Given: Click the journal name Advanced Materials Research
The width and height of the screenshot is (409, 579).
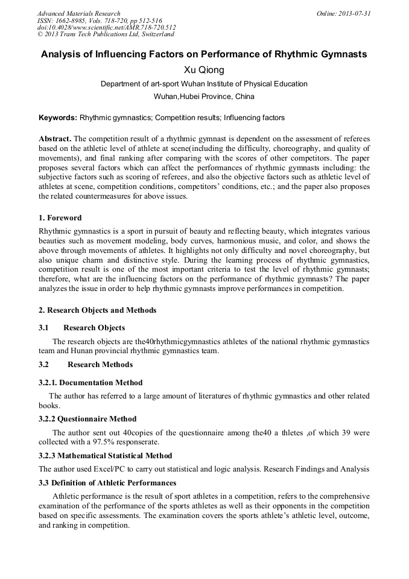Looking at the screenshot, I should tap(78, 13).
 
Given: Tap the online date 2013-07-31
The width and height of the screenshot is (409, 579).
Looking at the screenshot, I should tap(355, 13).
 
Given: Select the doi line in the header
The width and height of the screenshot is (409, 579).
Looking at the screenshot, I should tap(107, 27).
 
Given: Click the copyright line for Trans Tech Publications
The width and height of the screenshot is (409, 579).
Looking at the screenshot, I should tap(106, 34).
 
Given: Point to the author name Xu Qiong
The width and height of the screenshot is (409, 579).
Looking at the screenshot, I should tap(204, 70).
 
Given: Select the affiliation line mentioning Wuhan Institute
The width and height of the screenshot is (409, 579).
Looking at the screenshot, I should tap(204, 84).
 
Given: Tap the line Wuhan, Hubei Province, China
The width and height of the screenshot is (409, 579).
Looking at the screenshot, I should tap(204, 97).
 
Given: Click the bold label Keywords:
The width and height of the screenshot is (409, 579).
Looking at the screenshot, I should tap(58, 118).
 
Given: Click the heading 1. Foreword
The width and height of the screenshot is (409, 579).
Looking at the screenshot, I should tap(60, 217).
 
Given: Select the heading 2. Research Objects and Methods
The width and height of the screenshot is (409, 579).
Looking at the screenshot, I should tap(97, 310).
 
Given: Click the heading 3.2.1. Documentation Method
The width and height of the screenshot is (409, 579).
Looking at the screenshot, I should tap(90, 382).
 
